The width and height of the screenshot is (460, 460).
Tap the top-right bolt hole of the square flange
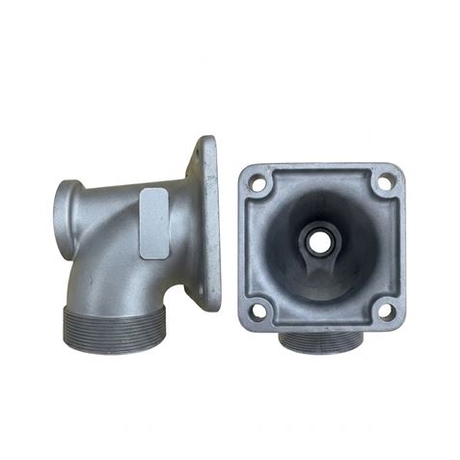(385, 179)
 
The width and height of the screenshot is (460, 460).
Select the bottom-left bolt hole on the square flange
(257, 310)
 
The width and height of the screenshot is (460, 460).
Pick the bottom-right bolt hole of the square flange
(385, 310)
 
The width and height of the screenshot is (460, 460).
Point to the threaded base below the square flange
(322, 339)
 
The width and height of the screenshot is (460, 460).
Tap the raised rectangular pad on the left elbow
(154, 223)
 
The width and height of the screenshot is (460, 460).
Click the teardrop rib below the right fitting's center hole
(315, 260)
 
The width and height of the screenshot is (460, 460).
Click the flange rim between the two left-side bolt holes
(247, 245)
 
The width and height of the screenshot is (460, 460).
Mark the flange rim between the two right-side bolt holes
(396, 245)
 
